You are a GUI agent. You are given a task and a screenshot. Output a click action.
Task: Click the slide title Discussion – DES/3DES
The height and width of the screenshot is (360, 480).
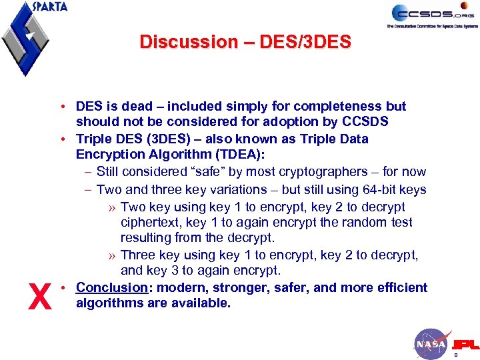click(x=245, y=42)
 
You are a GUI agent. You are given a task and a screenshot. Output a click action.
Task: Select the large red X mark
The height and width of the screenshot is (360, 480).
click(x=40, y=297)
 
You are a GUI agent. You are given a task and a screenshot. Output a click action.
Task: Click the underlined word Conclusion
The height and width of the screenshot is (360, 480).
click(x=111, y=287)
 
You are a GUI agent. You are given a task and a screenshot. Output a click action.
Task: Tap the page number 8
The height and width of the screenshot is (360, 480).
click(x=455, y=355)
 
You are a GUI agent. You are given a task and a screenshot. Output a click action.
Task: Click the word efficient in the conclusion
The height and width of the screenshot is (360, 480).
click(x=401, y=287)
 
